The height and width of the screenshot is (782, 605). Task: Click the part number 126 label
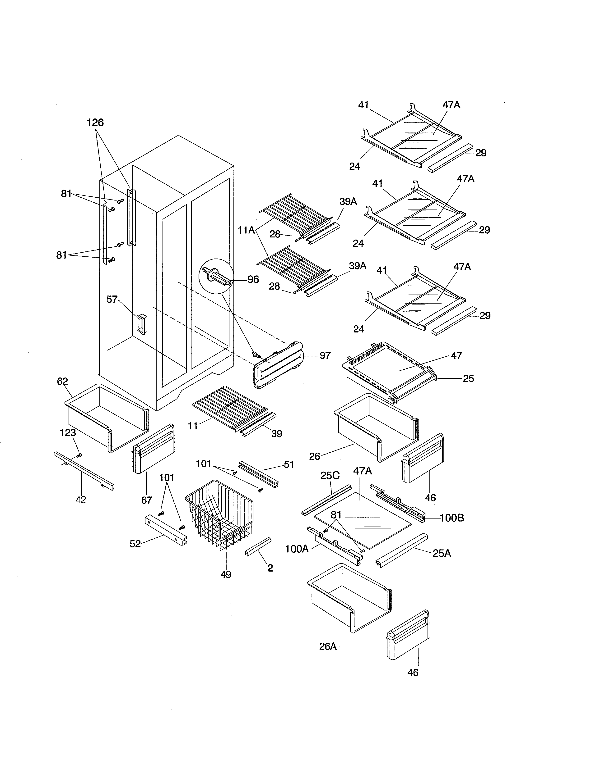click(x=95, y=123)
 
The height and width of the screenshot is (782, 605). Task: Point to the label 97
click(x=325, y=355)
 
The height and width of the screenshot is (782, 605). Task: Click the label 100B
click(x=451, y=518)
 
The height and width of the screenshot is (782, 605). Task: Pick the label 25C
click(x=330, y=476)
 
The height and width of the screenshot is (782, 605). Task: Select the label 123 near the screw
click(x=68, y=433)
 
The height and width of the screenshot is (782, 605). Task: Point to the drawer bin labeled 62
click(x=107, y=417)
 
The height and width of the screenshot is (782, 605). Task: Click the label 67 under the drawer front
click(x=146, y=500)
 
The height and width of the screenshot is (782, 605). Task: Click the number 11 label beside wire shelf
click(x=193, y=426)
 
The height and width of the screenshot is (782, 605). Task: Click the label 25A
click(x=442, y=554)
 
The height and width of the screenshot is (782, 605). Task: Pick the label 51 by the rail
click(x=289, y=464)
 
